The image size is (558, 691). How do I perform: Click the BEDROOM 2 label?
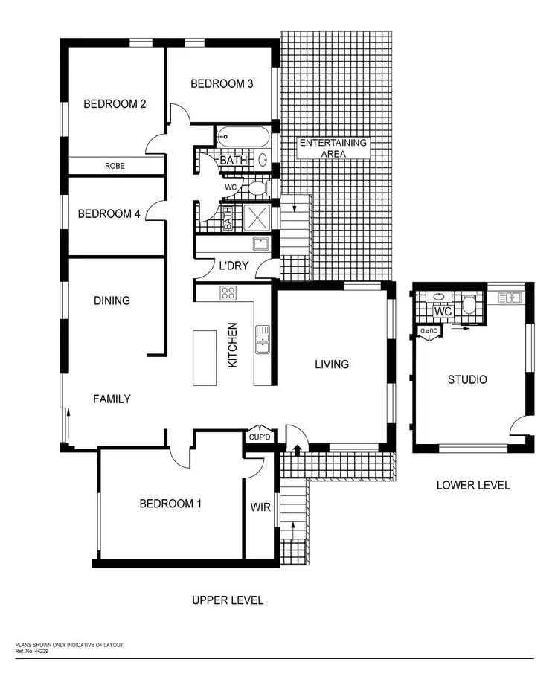(x=114, y=104)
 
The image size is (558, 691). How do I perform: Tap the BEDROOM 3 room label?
(x=222, y=84)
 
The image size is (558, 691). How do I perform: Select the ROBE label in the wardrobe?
(x=115, y=167)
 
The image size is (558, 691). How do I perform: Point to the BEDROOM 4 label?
(x=109, y=214)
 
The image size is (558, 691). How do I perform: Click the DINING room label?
(x=112, y=300)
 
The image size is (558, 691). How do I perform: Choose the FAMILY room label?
(x=112, y=399)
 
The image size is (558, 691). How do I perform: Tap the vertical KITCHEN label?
(x=232, y=345)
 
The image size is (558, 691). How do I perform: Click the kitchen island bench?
(x=204, y=358)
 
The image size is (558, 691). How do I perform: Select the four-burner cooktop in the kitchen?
(x=228, y=293)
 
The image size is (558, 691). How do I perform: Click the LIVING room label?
(x=332, y=364)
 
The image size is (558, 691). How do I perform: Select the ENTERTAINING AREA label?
(x=333, y=148)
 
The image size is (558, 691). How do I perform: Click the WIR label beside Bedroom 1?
(x=260, y=507)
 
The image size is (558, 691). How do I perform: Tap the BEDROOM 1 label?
(x=170, y=504)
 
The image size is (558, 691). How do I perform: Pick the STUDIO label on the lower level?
(x=467, y=379)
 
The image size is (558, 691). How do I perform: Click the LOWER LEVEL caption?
(x=473, y=485)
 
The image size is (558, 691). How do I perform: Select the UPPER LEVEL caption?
(x=227, y=600)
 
